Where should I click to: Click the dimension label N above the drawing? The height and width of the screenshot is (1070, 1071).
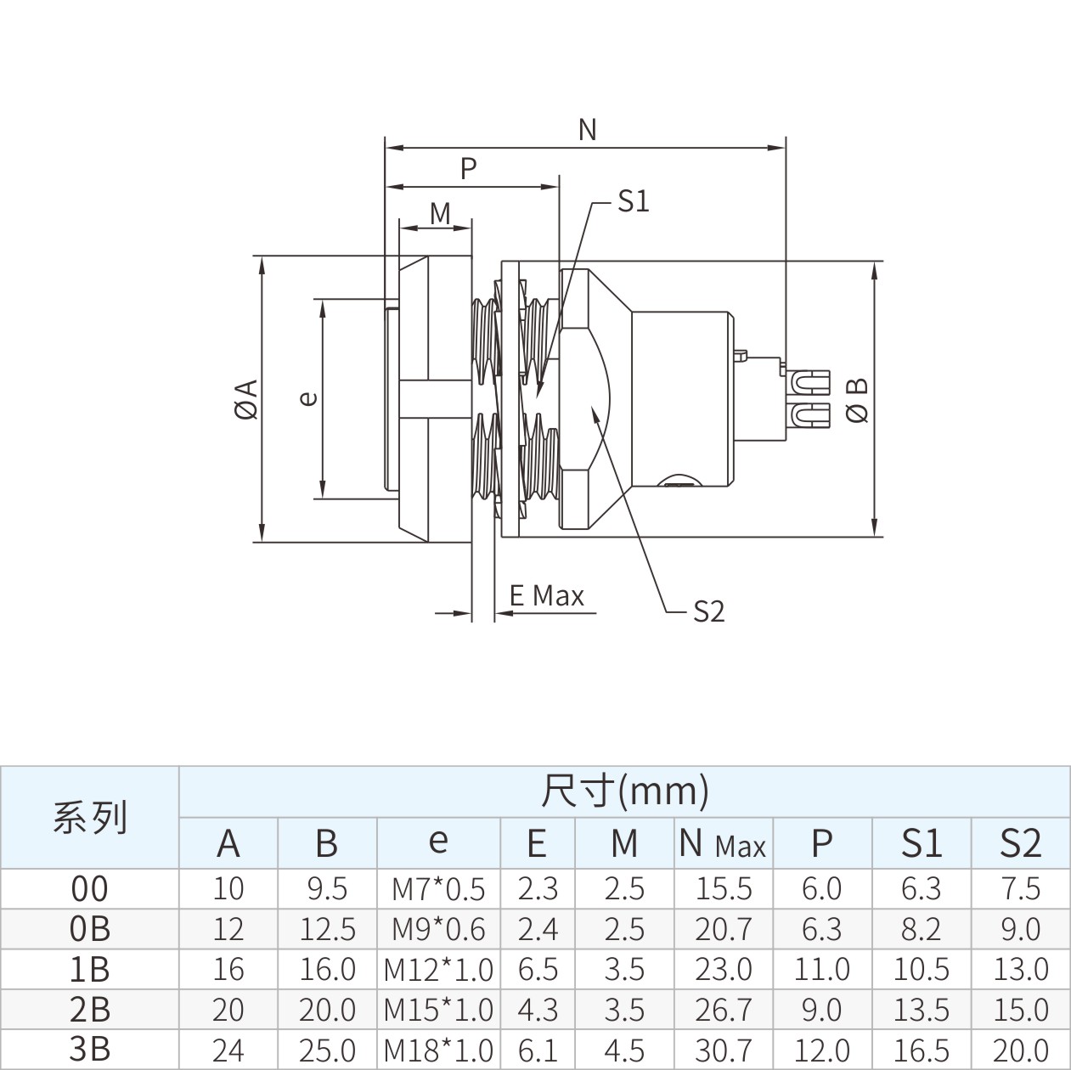(x=587, y=130)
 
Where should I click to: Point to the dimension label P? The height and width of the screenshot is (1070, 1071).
(x=469, y=168)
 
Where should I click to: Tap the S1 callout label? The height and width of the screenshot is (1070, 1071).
(x=634, y=201)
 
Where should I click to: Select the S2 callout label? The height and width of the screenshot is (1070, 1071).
(x=709, y=611)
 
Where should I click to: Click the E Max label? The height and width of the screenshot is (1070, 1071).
(x=547, y=595)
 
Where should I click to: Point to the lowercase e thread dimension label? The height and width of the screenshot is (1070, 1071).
(x=308, y=398)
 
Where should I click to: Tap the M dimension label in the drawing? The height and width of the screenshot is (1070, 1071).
(x=440, y=213)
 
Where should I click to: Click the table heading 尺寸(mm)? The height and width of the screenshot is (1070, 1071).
(x=625, y=791)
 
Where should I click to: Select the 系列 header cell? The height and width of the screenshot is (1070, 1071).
(x=90, y=817)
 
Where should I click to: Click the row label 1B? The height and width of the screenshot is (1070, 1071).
(x=89, y=970)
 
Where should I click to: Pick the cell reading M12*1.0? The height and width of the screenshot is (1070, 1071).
(x=438, y=970)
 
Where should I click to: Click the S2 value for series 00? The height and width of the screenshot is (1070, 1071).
(x=1020, y=889)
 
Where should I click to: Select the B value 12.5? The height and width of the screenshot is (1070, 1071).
(x=327, y=929)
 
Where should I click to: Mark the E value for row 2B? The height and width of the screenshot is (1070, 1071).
(x=538, y=1010)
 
